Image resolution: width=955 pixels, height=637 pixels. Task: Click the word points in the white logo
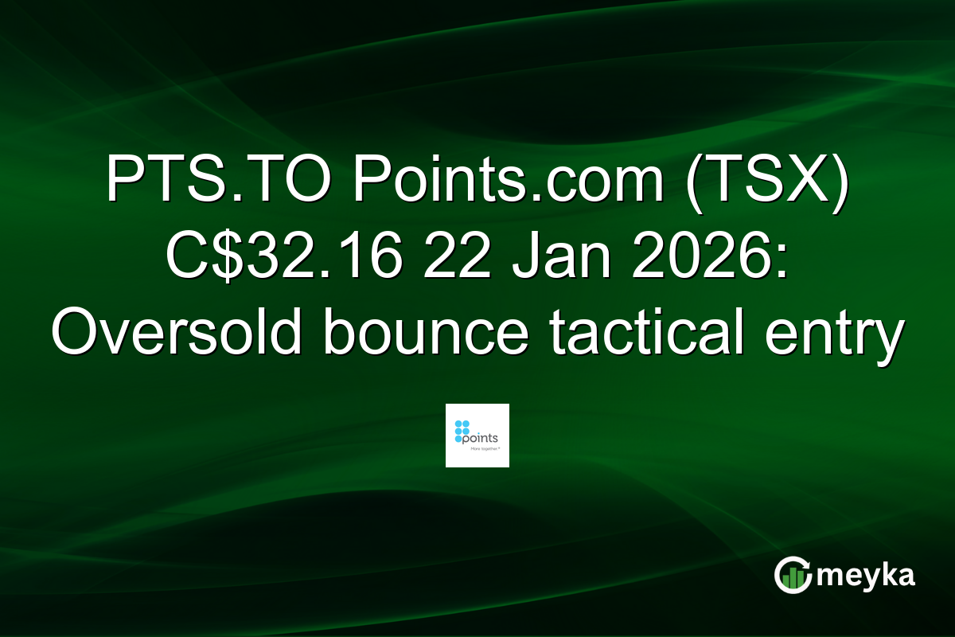click(x=482, y=437)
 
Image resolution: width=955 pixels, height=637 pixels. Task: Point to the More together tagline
click(x=482, y=451)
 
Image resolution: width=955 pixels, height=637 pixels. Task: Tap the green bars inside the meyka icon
click(x=791, y=579)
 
